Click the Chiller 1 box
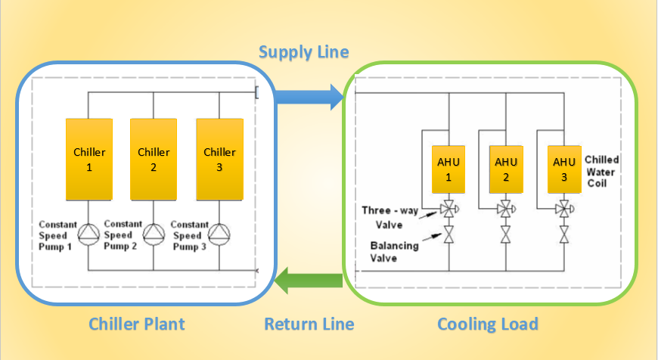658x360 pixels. coord(88,159)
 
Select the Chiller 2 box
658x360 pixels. coord(154,159)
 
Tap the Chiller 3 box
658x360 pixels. coord(219,159)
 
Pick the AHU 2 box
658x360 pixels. coord(505,169)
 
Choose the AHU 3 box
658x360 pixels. coord(563,169)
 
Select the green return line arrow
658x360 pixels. coord(307,282)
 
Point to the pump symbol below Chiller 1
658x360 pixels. coord(88,234)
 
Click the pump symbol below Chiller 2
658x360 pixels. coord(154,234)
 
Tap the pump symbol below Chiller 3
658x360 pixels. coord(219,234)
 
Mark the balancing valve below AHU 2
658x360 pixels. coord(505,235)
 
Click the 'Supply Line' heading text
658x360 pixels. coord(303,52)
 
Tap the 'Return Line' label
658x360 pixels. coord(309,324)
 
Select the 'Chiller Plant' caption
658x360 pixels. coord(136,324)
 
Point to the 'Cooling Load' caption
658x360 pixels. coord(488,324)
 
